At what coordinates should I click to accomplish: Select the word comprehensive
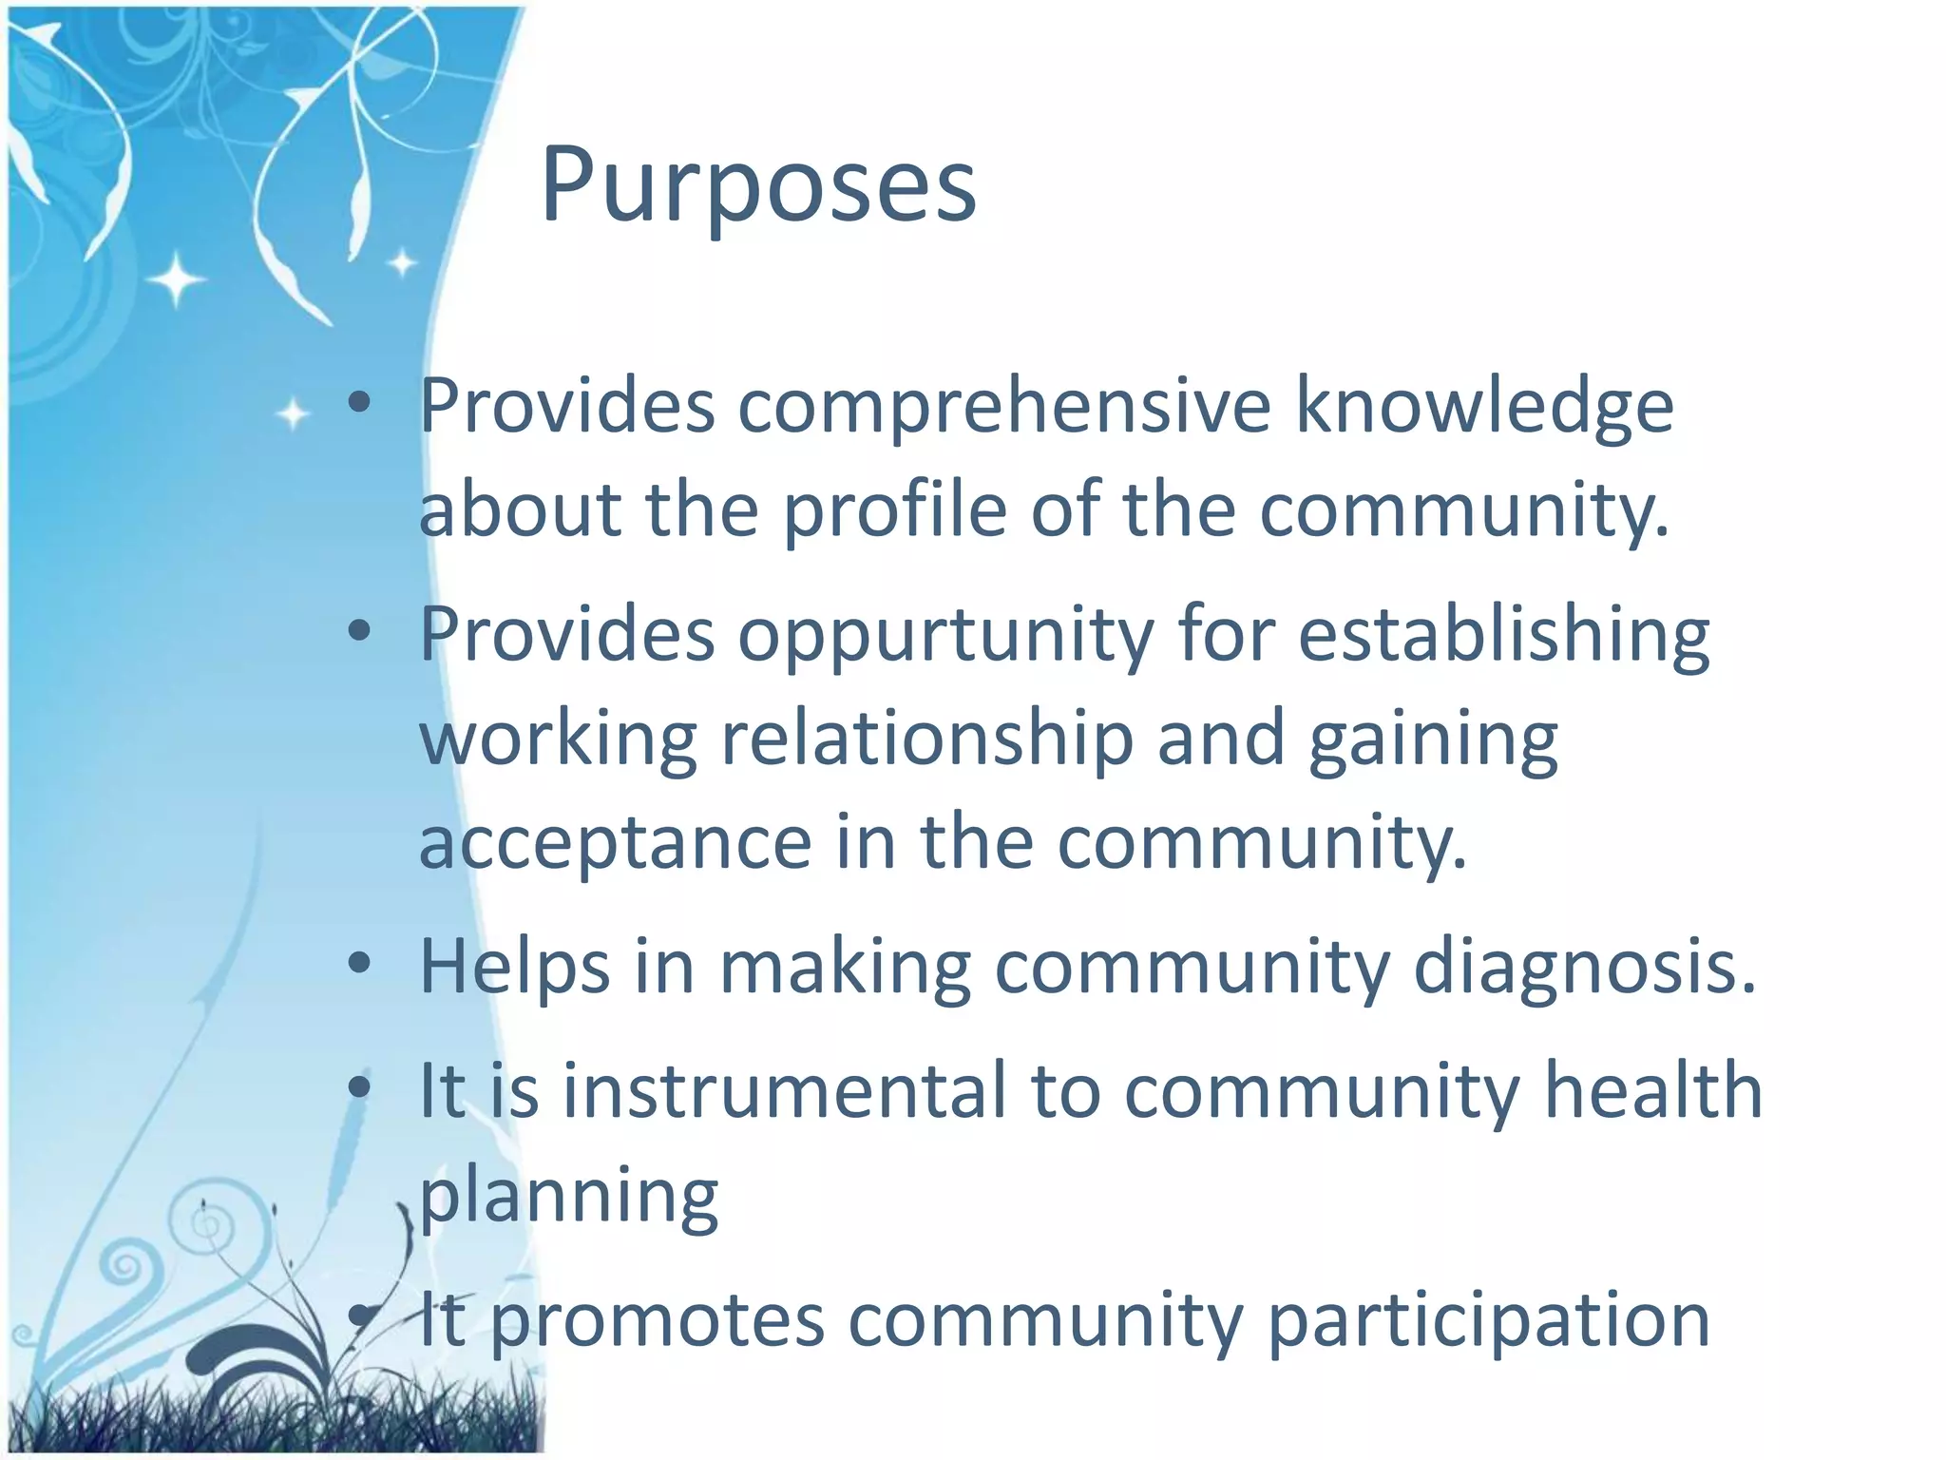click(x=1004, y=407)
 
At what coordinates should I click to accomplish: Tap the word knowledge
click(x=1484, y=407)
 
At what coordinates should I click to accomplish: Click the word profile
click(x=894, y=509)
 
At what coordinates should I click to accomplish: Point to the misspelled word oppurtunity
click(x=946, y=635)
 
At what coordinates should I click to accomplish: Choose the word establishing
click(x=1504, y=635)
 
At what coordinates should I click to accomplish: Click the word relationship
click(x=927, y=739)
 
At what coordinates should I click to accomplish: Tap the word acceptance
click(x=615, y=842)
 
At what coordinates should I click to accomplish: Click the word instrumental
click(x=784, y=1090)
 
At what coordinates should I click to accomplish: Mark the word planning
click(x=568, y=1197)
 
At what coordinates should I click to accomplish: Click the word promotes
click(x=658, y=1321)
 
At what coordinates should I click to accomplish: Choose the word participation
click(x=1489, y=1321)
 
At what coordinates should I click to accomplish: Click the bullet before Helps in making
click(x=358, y=964)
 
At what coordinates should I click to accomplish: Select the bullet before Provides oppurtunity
click(x=358, y=630)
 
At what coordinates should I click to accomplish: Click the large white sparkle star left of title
click(x=176, y=279)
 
